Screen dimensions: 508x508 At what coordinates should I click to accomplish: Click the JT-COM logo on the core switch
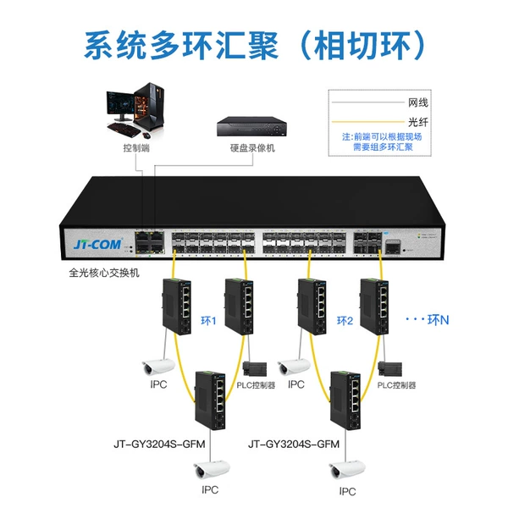pyautogui.click(x=98, y=244)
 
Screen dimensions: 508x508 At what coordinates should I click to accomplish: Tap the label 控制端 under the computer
pyautogui.click(x=136, y=148)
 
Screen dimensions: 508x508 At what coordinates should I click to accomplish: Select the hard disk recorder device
pyautogui.click(x=251, y=127)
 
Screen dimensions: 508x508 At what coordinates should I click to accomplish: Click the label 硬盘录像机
pyautogui.click(x=252, y=148)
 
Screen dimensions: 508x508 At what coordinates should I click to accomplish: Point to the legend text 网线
pyautogui.click(x=418, y=102)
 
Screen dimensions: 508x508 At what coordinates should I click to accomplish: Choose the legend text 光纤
pyautogui.click(x=418, y=122)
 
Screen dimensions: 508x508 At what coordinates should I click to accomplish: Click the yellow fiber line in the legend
pyautogui.click(x=368, y=122)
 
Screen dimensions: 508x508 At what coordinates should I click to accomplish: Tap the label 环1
pyautogui.click(x=208, y=321)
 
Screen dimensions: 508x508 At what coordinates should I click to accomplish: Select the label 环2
pyautogui.click(x=345, y=321)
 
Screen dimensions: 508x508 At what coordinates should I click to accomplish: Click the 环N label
pyautogui.click(x=438, y=320)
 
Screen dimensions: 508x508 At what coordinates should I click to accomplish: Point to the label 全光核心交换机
pyautogui.click(x=104, y=273)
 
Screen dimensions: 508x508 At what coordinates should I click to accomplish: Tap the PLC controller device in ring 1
pyautogui.click(x=255, y=369)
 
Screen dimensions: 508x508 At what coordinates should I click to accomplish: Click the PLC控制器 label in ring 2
pyautogui.click(x=396, y=385)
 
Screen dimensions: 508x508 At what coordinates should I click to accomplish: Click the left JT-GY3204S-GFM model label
pyautogui.click(x=159, y=444)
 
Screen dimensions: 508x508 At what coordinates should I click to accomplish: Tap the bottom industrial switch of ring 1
pyautogui.click(x=210, y=400)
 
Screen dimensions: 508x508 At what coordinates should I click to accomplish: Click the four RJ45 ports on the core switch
pyautogui.click(x=150, y=243)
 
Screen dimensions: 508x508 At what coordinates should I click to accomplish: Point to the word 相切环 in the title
pyautogui.click(x=362, y=45)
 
